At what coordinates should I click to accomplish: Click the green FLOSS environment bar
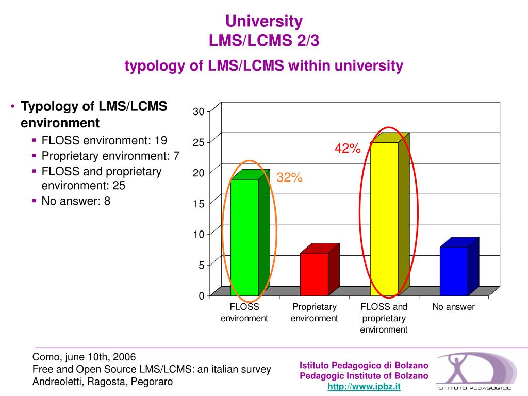244,237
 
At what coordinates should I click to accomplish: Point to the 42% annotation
348,148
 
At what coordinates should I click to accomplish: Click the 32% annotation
289,178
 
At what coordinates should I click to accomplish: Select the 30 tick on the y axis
199,111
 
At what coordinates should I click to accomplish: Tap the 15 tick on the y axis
199,204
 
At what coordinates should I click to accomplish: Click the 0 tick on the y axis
201,296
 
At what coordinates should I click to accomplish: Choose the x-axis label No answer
454,307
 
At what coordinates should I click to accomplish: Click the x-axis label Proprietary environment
314,312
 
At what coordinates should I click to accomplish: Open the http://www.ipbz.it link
364,386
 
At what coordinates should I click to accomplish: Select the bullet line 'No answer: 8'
76,201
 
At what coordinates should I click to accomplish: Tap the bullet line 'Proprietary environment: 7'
110,156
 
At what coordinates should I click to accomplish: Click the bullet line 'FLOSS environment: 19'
104,140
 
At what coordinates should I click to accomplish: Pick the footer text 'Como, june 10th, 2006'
84,357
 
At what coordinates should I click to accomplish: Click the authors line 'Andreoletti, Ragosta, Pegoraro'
103,382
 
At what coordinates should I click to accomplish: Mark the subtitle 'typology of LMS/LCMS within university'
263,66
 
